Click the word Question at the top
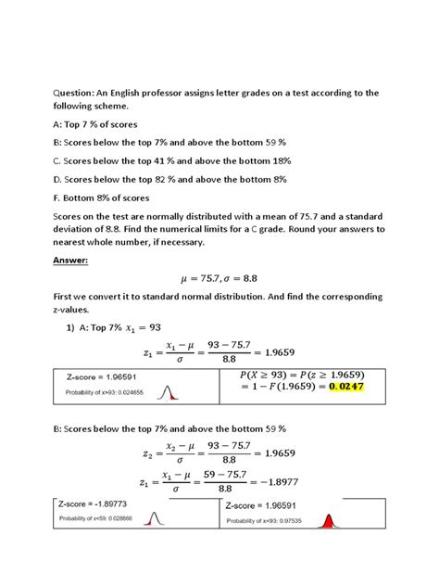click(57, 92)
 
